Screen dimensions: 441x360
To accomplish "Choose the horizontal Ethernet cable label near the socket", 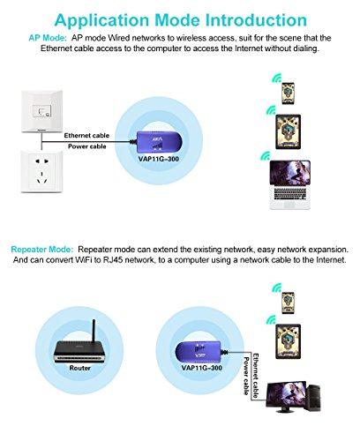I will coord(88,136).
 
